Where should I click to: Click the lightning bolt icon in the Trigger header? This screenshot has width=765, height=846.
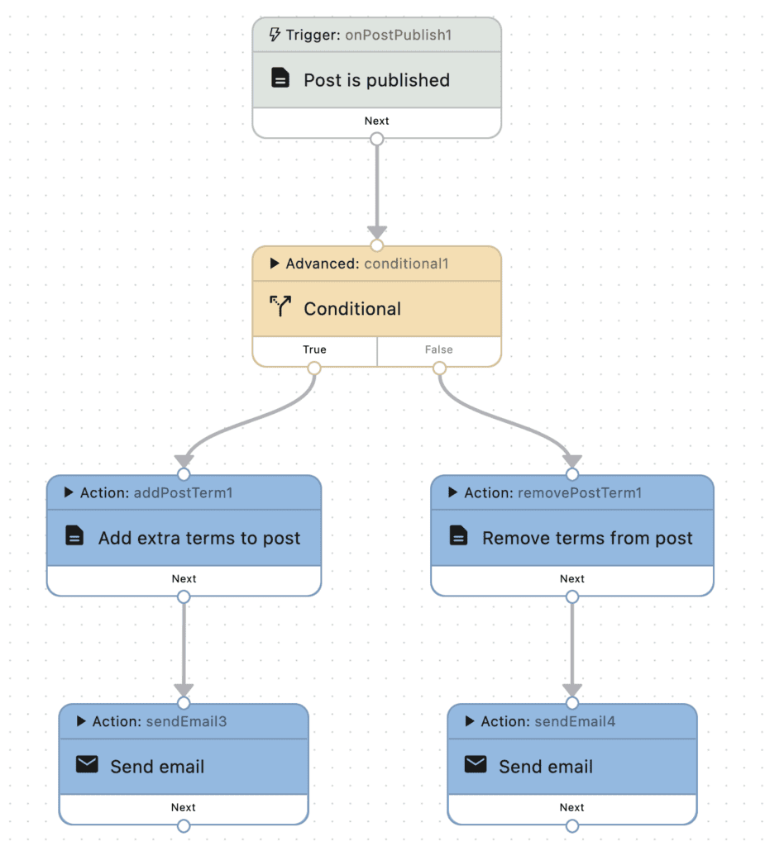tap(275, 35)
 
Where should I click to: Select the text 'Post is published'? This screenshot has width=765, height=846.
tap(376, 80)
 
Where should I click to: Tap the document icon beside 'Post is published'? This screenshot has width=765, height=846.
tap(280, 79)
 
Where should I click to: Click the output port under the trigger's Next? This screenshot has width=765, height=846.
tap(377, 140)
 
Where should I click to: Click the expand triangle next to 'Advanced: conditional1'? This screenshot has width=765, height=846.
tap(275, 264)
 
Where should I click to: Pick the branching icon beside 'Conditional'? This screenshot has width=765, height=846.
tap(280, 307)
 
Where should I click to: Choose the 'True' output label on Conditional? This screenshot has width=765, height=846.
tap(314, 349)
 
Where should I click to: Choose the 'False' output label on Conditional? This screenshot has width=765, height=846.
tap(438, 349)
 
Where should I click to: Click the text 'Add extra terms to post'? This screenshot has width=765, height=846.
tap(199, 538)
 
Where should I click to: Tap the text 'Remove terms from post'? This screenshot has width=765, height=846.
tap(587, 538)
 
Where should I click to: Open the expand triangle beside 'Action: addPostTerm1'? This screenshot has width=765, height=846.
tap(69, 492)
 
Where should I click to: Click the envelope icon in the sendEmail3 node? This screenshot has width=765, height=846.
tap(87, 765)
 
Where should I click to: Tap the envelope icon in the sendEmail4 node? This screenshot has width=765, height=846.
tap(476, 765)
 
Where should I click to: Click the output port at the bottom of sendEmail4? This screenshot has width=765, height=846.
tap(572, 826)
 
